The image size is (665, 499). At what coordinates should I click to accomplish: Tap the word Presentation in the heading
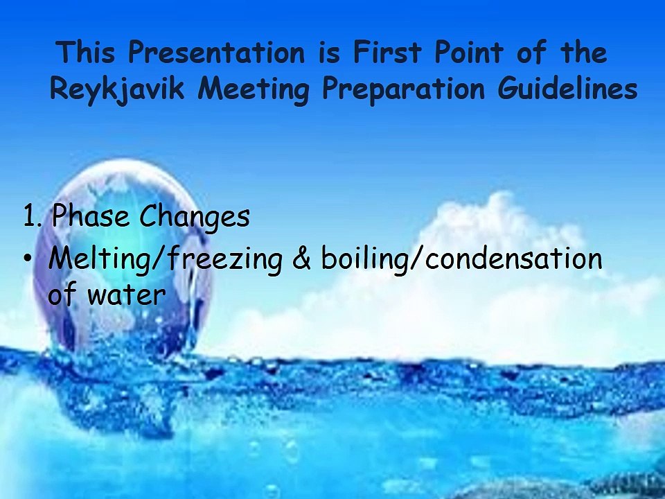(x=215, y=53)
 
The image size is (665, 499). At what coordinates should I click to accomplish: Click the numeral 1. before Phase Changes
(x=33, y=218)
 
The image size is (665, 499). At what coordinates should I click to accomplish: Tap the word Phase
(x=91, y=218)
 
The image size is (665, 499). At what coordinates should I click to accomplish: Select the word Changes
(x=194, y=218)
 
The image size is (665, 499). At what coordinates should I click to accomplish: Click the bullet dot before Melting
(x=27, y=259)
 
